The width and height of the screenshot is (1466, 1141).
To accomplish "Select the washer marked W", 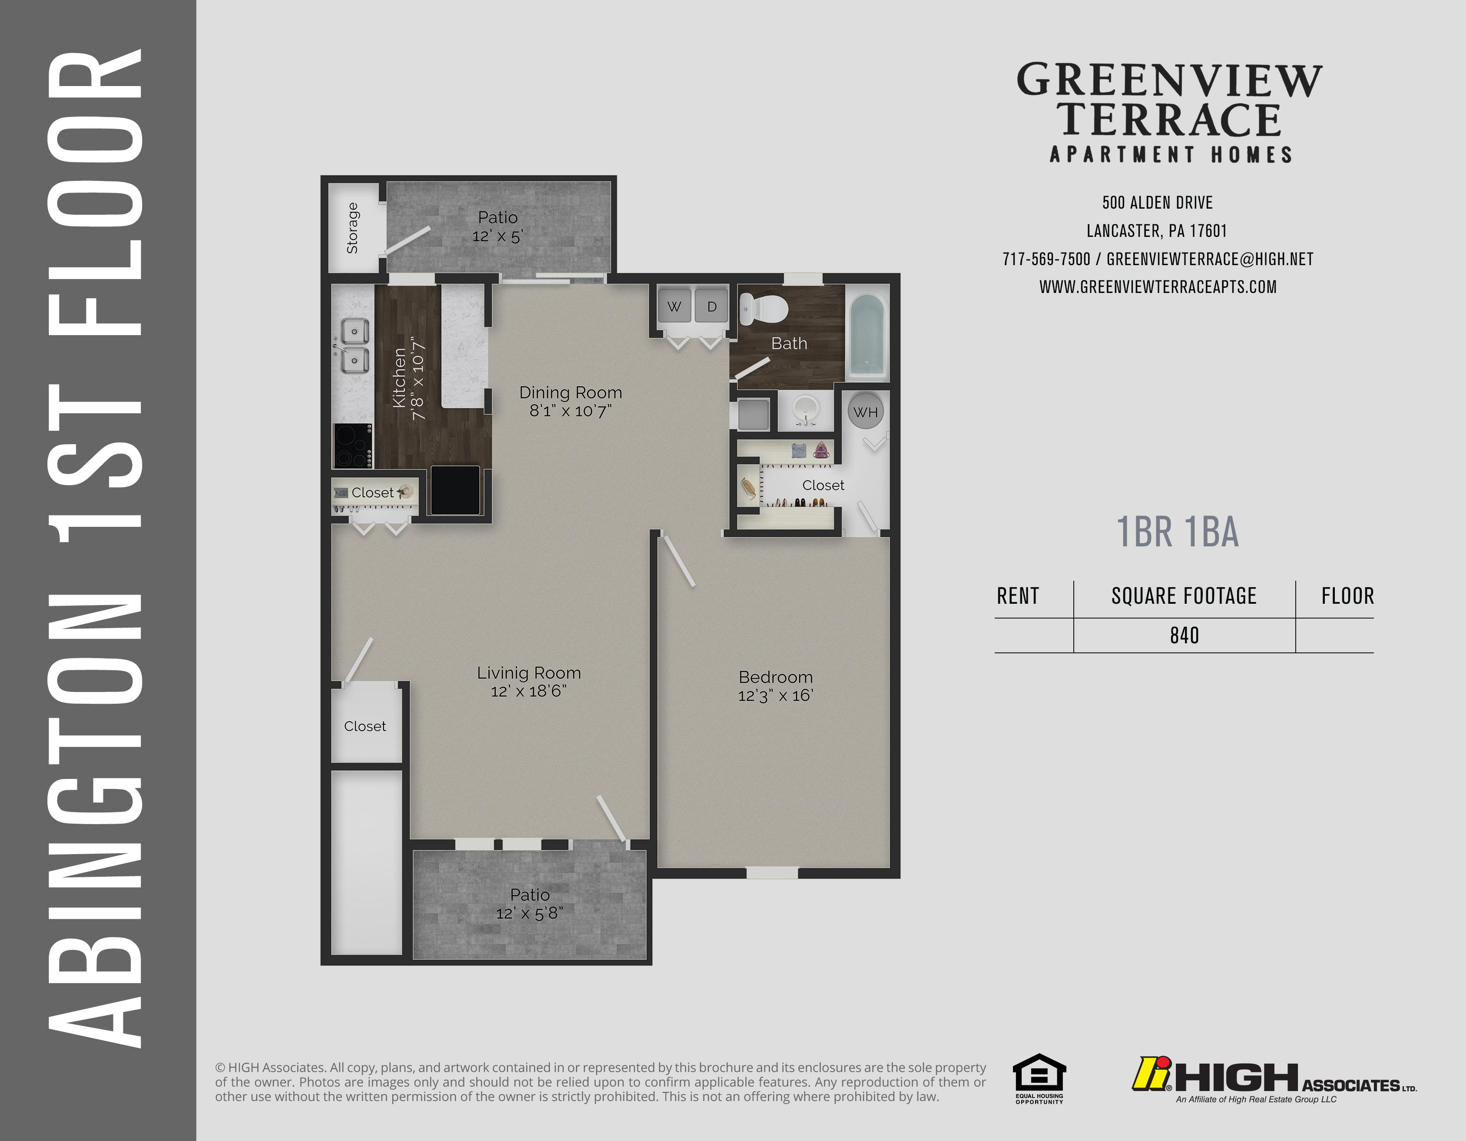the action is click(675, 306).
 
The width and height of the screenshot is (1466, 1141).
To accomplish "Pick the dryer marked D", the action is click(711, 306).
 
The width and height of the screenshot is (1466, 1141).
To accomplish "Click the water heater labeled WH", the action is click(866, 412).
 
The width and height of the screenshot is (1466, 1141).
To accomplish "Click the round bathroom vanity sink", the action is click(805, 409).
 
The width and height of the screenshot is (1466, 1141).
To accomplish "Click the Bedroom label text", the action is click(775, 677).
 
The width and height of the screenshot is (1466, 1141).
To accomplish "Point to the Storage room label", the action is click(352, 228).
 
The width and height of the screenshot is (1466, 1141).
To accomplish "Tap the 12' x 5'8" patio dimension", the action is click(529, 913).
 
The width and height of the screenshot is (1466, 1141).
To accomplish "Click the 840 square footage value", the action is click(1184, 635).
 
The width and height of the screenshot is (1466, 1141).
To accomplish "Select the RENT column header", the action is click(1018, 595).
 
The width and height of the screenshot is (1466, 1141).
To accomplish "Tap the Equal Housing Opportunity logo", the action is click(1039, 1078).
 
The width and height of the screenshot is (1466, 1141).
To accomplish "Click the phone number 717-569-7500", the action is click(1046, 259).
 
